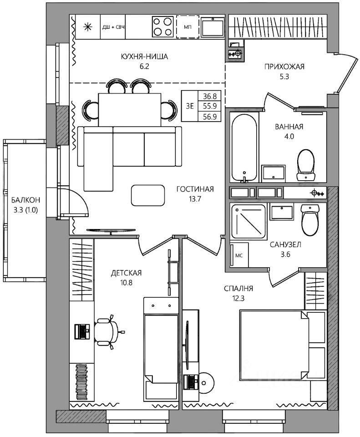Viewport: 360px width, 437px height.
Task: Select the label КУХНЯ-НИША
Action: pos(144,56)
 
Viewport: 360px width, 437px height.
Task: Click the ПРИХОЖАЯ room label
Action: pos(284,66)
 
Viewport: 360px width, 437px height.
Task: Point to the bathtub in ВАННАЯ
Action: pos(244,148)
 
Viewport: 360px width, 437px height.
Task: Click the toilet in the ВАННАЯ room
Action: pos(306,165)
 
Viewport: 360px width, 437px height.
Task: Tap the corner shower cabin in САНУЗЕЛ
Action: pos(248,221)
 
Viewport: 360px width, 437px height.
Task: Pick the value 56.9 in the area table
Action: pos(210,117)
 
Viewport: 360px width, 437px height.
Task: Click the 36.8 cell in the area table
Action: pos(210,97)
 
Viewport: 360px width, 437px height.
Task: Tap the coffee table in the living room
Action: pos(148,195)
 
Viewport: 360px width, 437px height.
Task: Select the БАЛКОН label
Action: pos(25,200)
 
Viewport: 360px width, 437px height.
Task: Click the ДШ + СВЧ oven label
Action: pos(113,27)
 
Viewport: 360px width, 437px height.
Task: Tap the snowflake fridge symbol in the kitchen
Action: pos(88,27)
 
